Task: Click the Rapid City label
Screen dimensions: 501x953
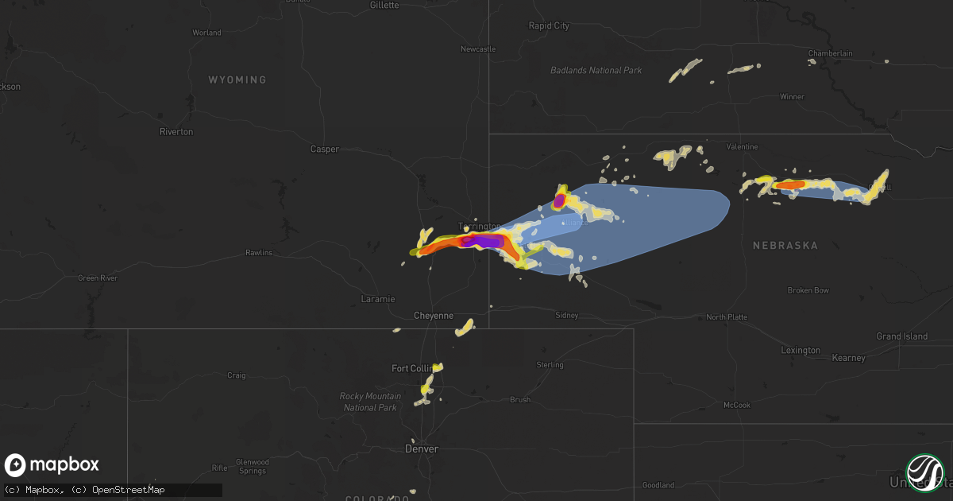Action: [549, 26]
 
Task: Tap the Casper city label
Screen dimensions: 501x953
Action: [324, 149]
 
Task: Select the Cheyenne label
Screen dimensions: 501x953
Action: [434, 316]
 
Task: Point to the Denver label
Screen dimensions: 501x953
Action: [421, 449]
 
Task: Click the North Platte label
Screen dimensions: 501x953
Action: [727, 317]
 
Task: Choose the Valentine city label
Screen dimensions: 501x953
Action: [743, 147]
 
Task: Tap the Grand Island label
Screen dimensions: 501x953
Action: [901, 336]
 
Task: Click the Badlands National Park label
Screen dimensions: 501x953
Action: [596, 71]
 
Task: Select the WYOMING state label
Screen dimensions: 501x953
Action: [237, 80]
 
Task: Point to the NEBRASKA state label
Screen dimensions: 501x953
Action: [785, 246]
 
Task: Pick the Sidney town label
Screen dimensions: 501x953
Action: [567, 316]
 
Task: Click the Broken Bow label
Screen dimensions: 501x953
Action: [808, 290]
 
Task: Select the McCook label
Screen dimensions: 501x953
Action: [736, 405]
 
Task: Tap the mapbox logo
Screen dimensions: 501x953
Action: [52, 465]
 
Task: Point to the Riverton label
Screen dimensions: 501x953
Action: [176, 132]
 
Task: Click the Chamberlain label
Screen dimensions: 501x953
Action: [830, 53]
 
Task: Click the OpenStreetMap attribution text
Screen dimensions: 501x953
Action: [129, 490]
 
